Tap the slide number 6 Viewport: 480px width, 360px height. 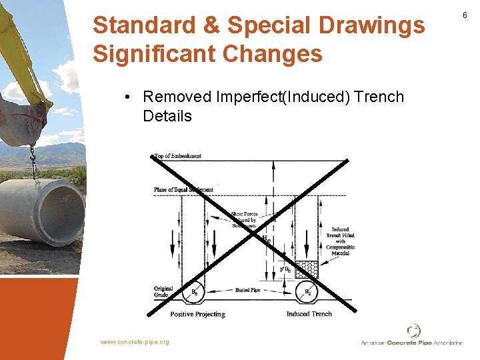coord(465,14)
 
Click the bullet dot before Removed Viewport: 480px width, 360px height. coord(127,97)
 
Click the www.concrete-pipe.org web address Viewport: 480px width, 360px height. coord(135,342)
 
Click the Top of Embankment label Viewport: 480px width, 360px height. coord(177,157)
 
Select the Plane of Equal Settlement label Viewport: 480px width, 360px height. coord(183,190)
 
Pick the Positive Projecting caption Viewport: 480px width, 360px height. coord(197,313)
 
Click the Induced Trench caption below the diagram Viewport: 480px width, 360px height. coord(309,313)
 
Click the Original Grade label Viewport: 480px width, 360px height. coord(164,291)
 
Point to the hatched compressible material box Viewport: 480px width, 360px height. coord(307,269)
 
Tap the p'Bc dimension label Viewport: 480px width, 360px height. coord(285,269)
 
